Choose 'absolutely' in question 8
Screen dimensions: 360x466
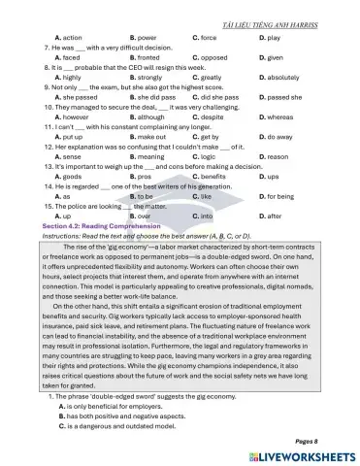pyautogui.click(x=282, y=78)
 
